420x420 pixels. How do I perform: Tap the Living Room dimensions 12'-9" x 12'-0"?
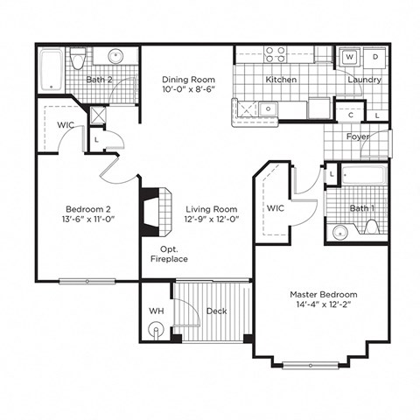(x=212, y=221)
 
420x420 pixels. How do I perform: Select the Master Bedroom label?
(x=323, y=295)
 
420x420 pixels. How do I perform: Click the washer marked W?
(x=349, y=57)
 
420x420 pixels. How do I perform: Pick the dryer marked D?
(x=374, y=57)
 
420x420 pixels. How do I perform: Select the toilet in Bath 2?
(x=79, y=59)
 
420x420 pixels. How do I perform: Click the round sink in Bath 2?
(x=115, y=57)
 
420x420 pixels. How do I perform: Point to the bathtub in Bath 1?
(x=361, y=175)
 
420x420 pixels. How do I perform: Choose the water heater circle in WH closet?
(x=157, y=331)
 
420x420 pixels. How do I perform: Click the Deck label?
(x=216, y=311)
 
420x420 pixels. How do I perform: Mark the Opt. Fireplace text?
(x=169, y=255)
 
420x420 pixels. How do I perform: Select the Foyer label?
(x=357, y=137)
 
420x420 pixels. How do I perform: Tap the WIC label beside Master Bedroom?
(x=276, y=209)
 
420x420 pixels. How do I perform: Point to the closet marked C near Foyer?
(x=351, y=115)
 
